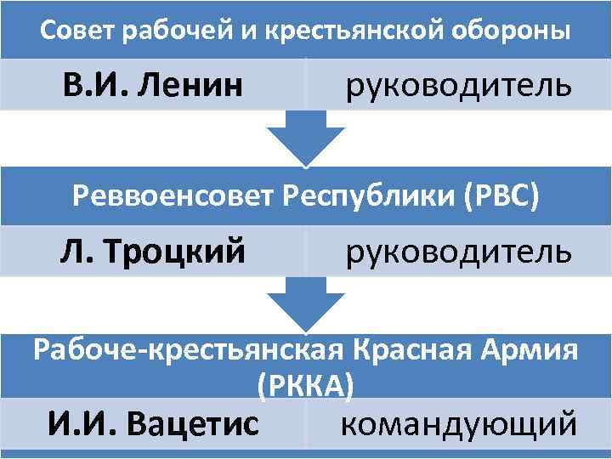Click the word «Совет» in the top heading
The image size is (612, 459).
point(78,31)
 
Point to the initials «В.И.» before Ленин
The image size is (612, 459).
point(93,85)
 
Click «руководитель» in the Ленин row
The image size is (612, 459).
point(458,85)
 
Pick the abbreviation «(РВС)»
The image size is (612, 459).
point(501,196)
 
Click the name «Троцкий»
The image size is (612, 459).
point(178,252)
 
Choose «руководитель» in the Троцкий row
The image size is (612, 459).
point(458,252)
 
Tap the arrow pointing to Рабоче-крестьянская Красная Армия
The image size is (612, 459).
point(305,307)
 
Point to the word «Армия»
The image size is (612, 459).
point(528,350)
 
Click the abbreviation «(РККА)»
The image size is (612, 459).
point(305,386)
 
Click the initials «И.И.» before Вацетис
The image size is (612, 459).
point(81,422)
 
